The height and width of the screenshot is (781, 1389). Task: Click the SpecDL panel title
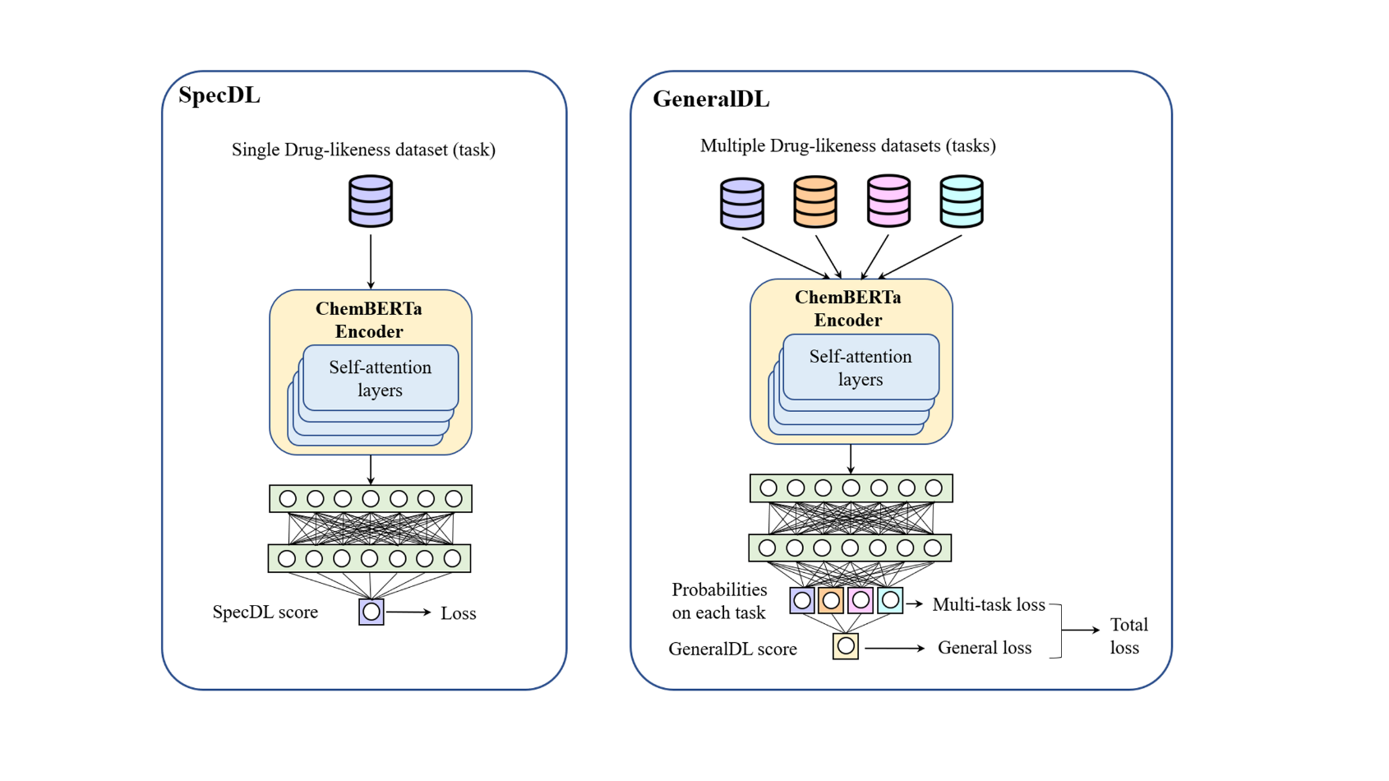point(219,95)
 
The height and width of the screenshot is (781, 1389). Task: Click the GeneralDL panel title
point(711,99)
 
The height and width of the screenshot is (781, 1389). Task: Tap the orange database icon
point(814,201)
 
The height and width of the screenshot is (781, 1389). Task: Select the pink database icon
point(888,201)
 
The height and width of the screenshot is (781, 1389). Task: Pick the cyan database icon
point(961,201)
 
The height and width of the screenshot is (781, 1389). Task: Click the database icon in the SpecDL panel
point(371,201)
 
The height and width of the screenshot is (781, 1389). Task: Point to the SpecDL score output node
point(371,612)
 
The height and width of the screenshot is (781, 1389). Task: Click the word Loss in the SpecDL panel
point(458,613)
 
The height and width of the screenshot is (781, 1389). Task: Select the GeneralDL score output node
point(846,647)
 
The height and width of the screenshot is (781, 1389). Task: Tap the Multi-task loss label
point(988,605)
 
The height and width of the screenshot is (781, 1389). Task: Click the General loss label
point(984,648)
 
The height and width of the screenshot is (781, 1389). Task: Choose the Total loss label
point(1128,636)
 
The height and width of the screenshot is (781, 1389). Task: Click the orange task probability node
point(831,601)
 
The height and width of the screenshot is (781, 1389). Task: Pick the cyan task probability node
point(890,601)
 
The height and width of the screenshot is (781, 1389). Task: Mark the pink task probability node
point(861,601)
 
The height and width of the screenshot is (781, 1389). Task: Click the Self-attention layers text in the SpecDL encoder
point(380,379)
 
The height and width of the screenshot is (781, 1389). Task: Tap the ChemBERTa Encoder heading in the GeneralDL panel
point(847,308)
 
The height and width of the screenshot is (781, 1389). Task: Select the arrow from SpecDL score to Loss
point(408,612)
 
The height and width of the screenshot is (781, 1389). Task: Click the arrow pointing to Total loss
point(1081,631)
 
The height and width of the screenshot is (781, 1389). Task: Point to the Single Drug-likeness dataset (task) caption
point(363,150)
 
